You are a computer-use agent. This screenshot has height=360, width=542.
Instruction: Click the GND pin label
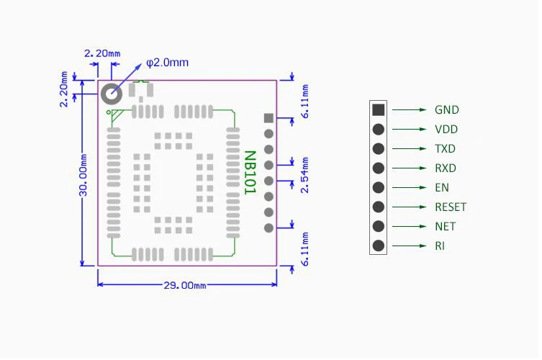446,110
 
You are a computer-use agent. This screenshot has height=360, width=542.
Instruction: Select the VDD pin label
446,130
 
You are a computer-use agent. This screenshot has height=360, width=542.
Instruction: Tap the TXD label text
445,149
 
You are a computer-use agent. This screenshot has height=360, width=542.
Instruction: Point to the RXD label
445,168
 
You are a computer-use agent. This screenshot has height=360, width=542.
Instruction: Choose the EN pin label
442,188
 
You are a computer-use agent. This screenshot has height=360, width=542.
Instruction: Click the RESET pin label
451,207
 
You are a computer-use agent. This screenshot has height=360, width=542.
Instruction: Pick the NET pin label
445,227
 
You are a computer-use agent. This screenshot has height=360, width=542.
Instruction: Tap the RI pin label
440,246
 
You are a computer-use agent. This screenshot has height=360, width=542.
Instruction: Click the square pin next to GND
378,110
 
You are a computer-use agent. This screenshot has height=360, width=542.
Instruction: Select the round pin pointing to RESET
378,207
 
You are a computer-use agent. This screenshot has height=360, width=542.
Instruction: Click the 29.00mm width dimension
185,285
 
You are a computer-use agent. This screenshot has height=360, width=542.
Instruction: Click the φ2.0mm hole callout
167,63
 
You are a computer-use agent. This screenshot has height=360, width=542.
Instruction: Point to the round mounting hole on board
112,94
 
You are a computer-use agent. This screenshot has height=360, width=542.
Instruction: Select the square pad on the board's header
268,118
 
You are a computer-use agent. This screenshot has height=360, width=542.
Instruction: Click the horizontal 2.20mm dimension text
102,53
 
